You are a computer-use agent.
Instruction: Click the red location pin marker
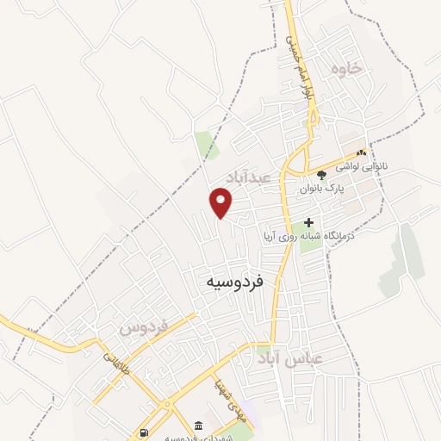click(x=221, y=203)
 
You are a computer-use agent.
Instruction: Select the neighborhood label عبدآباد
click(x=249, y=176)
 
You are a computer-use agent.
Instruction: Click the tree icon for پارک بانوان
click(x=321, y=175)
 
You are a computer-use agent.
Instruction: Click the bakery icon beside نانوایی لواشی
click(x=361, y=152)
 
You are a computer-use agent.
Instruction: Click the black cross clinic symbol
click(x=308, y=222)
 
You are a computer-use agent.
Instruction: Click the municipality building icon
click(x=199, y=425)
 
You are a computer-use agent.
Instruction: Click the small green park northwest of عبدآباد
click(x=206, y=145)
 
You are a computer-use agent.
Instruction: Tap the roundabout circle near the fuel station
click(x=166, y=404)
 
